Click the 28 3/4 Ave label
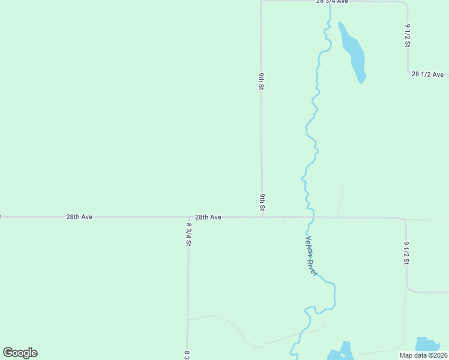(x=333, y=2)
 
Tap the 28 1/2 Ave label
(x=427, y=74)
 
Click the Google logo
(x=20, y=353)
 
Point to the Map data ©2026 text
(x=424, y=355)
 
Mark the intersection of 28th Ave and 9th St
(x=262, y=217)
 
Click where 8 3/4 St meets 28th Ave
(x=188, y=217)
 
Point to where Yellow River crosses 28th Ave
(x=311, y=217)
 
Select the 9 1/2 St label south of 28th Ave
(x=406, y=253)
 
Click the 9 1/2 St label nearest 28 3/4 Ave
(x=408, y=35)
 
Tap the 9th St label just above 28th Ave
(x=262, y=203)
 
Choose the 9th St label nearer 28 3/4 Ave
(x=262, y=82)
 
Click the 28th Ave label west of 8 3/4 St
(x=79, y=217)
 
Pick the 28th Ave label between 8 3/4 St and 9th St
(x=208, y=217)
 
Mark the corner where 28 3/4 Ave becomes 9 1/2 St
(x=406, y=4)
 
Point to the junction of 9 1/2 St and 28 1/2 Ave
(x=408, y=73)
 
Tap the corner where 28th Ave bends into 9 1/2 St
(x=405, y=220)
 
